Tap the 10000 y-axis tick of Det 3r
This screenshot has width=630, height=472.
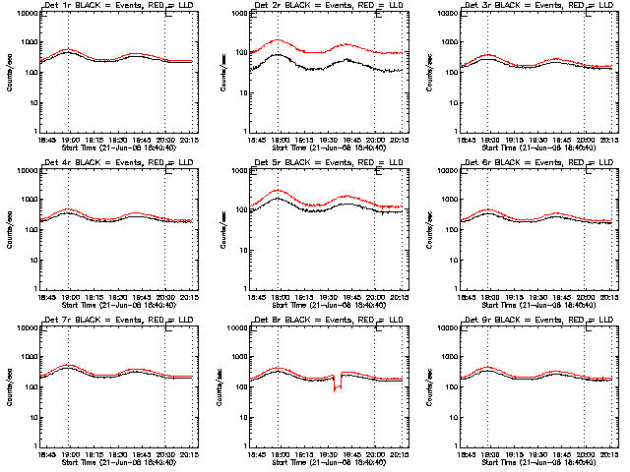pos(452,14)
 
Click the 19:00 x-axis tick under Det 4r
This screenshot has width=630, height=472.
pos(69,296)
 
